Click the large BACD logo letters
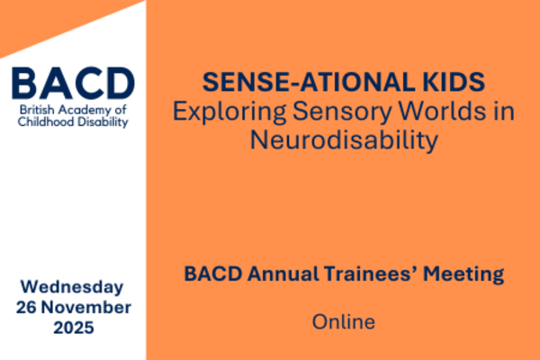point(73,83)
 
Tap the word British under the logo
point(37,110)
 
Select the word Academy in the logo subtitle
point(83,111)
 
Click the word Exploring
point(229,112)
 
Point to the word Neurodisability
point(344,140)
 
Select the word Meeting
point(463,274)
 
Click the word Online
point(344,322)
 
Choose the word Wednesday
point(72,287)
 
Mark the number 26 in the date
point(26,307)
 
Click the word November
point(86,307)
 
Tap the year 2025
point(74,328)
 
